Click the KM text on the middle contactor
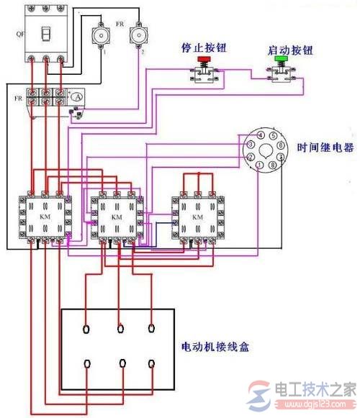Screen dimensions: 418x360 coord(116,216)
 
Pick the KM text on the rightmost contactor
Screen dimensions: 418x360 coord(195,216)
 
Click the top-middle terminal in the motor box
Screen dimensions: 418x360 coord(120,330)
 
